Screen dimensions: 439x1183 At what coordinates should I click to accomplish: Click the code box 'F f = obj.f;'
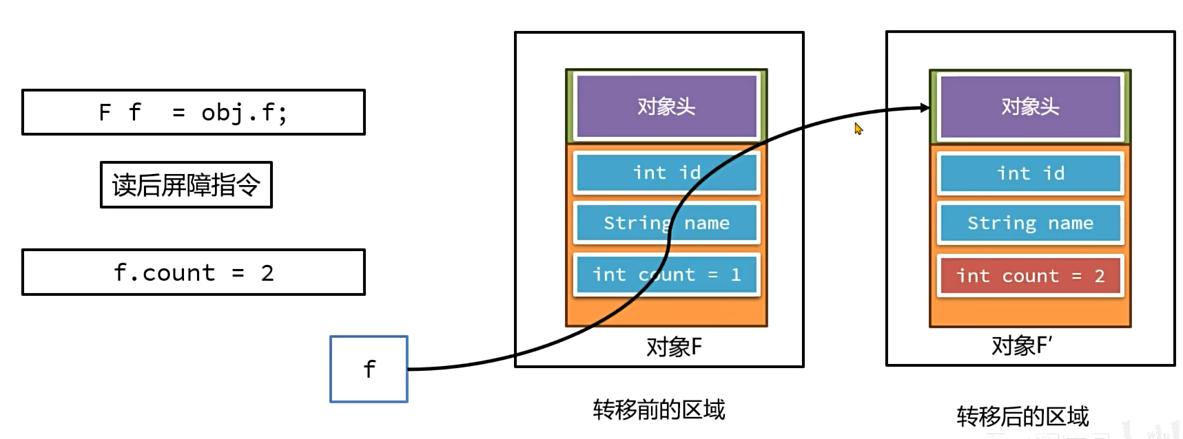coord(193,112)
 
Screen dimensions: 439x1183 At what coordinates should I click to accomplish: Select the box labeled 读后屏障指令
coord(186,184)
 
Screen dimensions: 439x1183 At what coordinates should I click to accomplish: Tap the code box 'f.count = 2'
coord(193,272)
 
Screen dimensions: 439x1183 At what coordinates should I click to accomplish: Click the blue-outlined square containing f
coord(369,369)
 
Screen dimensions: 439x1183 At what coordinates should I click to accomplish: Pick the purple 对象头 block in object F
coord(666,107)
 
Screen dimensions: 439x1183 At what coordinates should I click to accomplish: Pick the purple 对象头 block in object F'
coord(1029,107)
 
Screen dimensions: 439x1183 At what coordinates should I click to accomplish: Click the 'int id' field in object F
coord(666,173)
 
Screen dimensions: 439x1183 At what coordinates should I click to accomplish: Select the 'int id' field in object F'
coord(1029,173)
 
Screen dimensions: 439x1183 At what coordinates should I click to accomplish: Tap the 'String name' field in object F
coord(666,223)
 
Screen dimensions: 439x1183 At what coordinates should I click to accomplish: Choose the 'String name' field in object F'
coord(1029,223)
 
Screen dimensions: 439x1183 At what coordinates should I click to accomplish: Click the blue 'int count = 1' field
coord(666,275)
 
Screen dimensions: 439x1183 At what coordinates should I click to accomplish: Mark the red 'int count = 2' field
coord(1029,276)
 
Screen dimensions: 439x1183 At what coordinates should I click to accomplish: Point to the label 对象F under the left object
coord(673,347)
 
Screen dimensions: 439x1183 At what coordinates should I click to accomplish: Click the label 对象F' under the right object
coord(1021,345)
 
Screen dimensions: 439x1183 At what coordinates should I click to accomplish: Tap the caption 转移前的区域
coord(659,410)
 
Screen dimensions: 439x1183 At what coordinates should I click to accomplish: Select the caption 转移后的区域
coord(1022,416)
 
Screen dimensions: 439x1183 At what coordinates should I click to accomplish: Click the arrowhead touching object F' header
coord(924,107)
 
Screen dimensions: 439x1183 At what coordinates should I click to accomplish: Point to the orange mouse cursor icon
coord(858,129)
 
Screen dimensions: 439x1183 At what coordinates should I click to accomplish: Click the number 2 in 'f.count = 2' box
coord(267,273)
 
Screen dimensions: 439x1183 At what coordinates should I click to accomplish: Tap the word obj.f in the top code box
coord(243,112)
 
